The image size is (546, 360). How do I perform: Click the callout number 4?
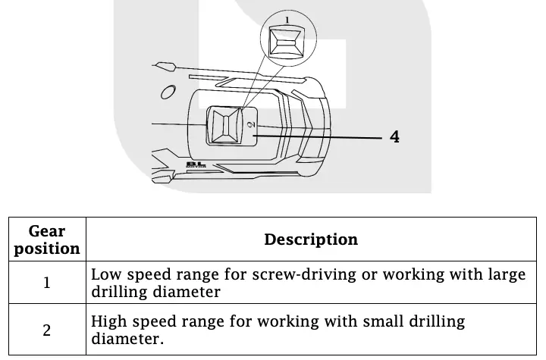[x=394, y=136]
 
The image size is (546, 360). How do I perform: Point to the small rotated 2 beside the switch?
[x=251, y=122]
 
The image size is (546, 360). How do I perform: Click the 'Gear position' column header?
[x=47, y=239]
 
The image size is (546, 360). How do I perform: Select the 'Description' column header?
[x=311, y=239]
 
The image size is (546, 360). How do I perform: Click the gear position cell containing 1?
[x=47, y=283]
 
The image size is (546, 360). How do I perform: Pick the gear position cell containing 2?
[x=47, y=330]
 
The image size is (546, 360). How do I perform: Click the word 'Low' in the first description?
[x=105, y=274]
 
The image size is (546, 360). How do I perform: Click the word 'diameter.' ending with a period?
[x=127, y=339]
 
